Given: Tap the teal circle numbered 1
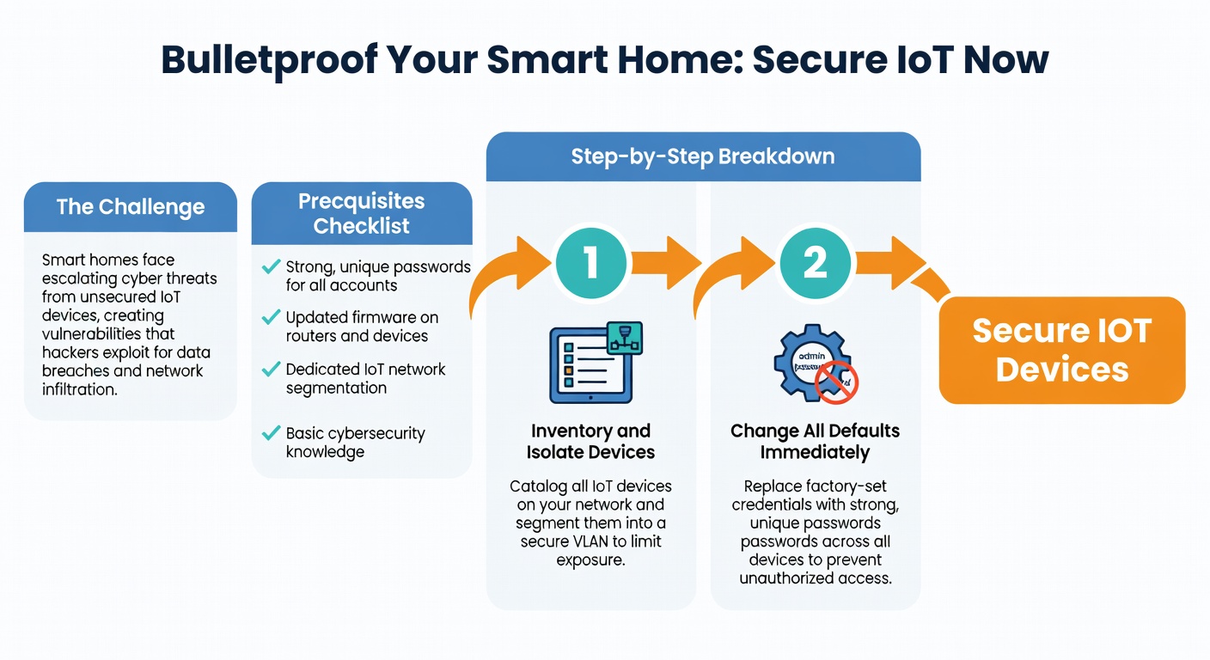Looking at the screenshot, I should click(591, 262).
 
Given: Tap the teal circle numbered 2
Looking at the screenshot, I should click(815, 262).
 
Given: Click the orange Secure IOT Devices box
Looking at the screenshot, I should click(1061, 351).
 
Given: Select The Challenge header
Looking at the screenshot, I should click(131, 207).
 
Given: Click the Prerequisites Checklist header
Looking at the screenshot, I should click(361, 214).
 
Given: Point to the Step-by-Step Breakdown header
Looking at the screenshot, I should click(702, 156).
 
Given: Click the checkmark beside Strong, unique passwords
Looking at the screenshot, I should click(272, 267).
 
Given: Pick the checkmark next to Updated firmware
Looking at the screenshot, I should click(272, 318).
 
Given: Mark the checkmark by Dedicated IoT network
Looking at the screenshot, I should click(272, 370).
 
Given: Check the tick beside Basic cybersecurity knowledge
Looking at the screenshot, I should click(272, 433).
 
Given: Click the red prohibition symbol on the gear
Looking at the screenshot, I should click(838, 382).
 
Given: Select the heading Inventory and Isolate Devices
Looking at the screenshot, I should click(591, 442).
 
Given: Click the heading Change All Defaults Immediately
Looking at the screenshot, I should click(815, 442).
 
